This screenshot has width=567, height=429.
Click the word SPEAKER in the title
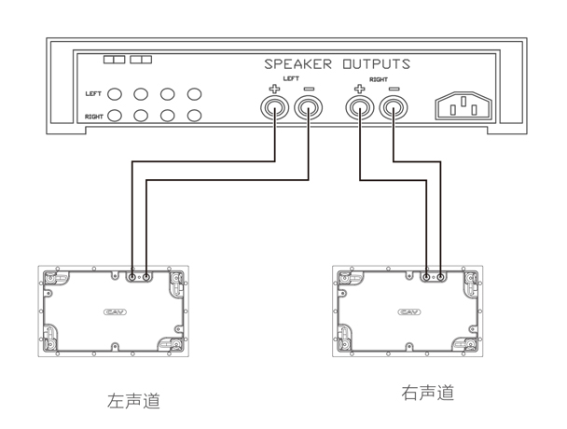pyautogui.click(x=298, y=65)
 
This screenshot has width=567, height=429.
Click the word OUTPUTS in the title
pyautogui.click(x=373, y=65)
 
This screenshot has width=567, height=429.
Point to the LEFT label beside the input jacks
pyautogui.click(x=92, y=94)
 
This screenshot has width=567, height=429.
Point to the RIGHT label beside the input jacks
pyautogui.click(x=93, y=117)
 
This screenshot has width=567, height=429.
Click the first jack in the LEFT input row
pyautogui.click(x=116, y=94)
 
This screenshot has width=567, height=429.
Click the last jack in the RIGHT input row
pyautogui.click(x=194, y=117)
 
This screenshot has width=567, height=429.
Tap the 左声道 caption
pyautogui.click(x=133, y=401)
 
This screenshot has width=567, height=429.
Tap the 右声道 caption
pyautogui.click(x=428, y=393)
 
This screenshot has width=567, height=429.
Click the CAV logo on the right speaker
pyautogui.click(x=408, y=311)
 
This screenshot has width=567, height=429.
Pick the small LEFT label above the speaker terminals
pyautogui.click(x=291, y=81)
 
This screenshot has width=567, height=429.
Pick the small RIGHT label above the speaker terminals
pyautogui.click(x=378, y=81)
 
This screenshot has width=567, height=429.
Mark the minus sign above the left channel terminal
pyautogui.click(x=308, y=90)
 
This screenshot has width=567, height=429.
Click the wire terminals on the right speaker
pyautogui.click(x=432, y=277)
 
